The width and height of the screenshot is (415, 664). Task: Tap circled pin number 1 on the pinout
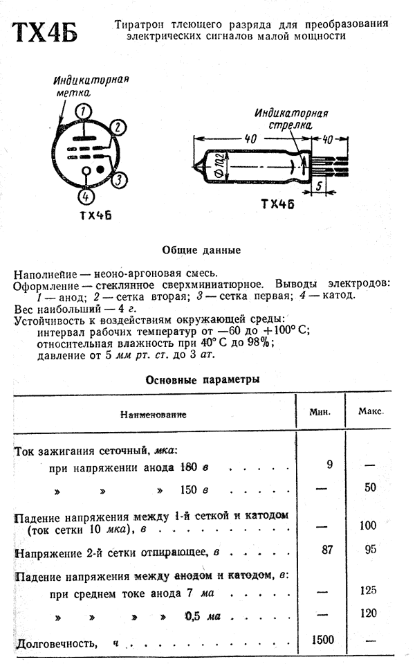[x=84, y=111]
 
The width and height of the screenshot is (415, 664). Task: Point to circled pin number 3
[x=119, y=180]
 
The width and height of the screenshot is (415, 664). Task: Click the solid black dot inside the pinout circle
[x=100, y=169]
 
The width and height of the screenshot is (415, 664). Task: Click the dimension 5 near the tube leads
[x=319, y=186]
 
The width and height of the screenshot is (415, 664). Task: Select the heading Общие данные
[x=201, y=250]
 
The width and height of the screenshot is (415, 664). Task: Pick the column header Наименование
[x=153, y=415]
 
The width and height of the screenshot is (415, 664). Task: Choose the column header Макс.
[x=371, y=411]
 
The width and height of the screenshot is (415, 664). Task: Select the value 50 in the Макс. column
[x=371, y=487]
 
